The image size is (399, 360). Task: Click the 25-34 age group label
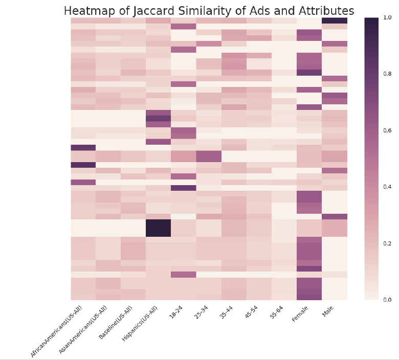coord(201,313)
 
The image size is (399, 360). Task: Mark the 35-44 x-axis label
coord(226,313)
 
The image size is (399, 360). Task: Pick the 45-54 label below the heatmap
coord(251,313)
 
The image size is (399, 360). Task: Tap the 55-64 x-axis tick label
coord(276,313)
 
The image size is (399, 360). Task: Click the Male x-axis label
coord(328,312)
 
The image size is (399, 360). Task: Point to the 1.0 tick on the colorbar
coord(387,17)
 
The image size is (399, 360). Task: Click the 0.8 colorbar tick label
coord(387,74)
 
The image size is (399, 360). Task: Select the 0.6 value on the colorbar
coord(387,130)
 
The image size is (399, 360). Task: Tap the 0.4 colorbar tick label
coord(387,187)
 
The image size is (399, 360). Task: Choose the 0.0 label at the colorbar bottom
coord(387,300)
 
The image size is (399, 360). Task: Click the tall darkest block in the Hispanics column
coord(158,228)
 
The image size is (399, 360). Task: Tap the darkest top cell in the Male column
coord(334,20)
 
